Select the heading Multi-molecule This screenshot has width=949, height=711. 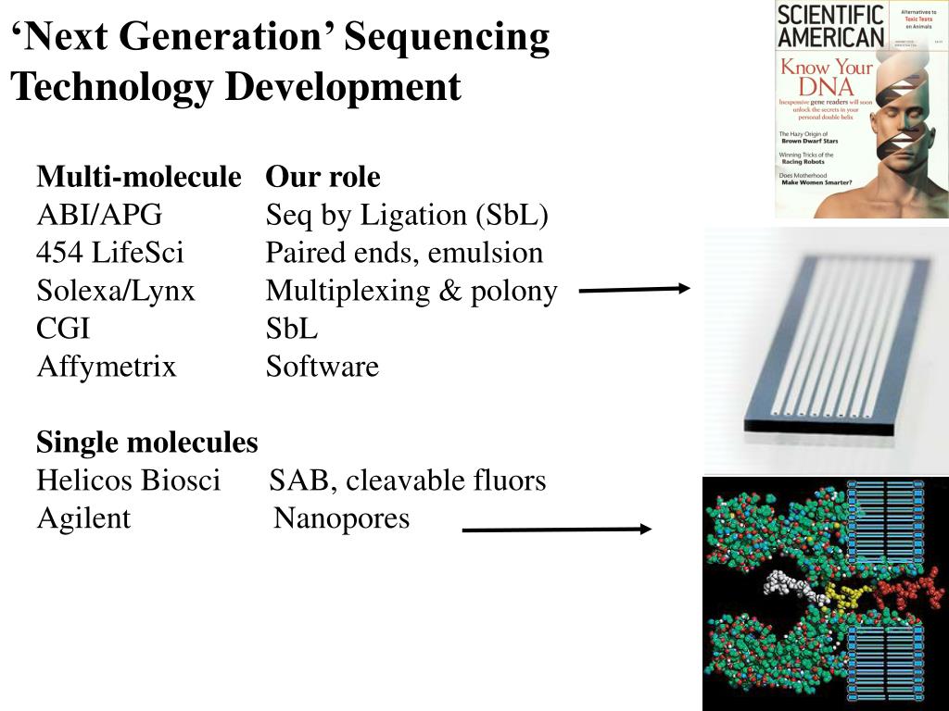click(139, 177)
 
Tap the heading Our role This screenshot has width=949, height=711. click(323, 177)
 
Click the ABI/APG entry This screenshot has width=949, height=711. click(99, 215)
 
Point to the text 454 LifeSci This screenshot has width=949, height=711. click(110, 253)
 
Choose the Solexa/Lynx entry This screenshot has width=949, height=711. click(116, 291)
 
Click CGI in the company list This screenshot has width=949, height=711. click(63, 329)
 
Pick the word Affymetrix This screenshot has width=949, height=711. click(107, 367)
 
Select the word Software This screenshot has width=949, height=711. click(323, 367)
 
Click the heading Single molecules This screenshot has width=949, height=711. click(147, 443)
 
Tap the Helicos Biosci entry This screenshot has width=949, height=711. click(129, 480)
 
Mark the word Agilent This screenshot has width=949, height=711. click(83, 518)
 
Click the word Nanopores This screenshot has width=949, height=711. click(342, 518)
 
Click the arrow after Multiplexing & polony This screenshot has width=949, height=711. click(635, 290)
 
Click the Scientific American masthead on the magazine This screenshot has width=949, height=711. click(829, 26)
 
